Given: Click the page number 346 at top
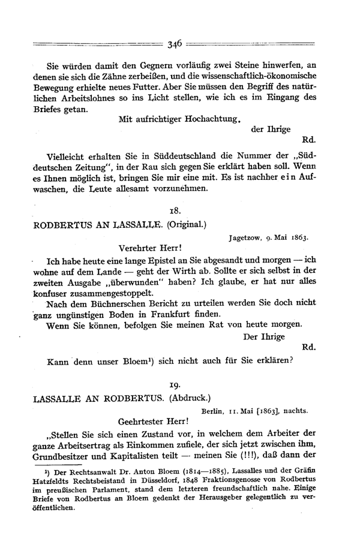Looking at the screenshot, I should tap(175, 43).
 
